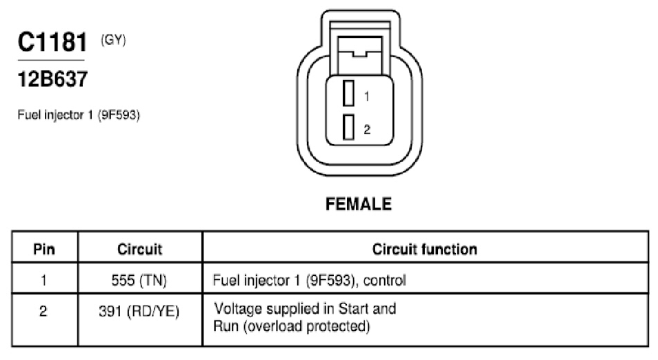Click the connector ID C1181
coord(52,42)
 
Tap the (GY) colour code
coord(113,40)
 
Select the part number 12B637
coord(52,79)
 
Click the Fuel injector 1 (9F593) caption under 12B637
coord(79,115)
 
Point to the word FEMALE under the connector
coord(359,204)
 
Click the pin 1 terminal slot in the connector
coord(348,93)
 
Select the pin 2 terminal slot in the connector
coord(348,127)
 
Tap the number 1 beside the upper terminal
coord(367,97)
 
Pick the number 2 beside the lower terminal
coord(367,129)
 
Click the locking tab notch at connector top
coord(359,54)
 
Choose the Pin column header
coord(44,249)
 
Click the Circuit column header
coord(140,249)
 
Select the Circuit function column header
coord(425,249)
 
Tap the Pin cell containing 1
coord(43,280)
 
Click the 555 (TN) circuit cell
coord(139,280)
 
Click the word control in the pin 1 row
coord(384,280)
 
